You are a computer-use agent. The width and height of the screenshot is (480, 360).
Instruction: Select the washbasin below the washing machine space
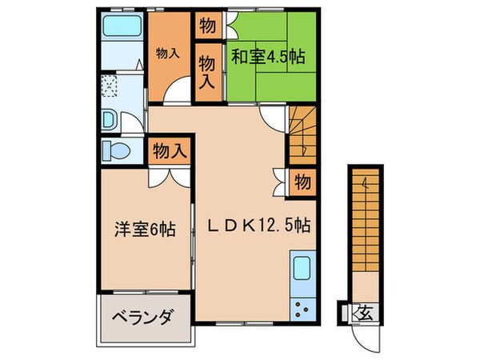coord(111,120)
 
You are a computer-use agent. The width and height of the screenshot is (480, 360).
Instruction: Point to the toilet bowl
coord(118,151)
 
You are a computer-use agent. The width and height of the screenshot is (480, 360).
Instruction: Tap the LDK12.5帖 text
coord(260,226)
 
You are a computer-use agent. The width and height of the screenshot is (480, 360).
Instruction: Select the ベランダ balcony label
coord(145,318)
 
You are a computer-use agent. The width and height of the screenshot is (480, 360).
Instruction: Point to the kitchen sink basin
coord(302,268)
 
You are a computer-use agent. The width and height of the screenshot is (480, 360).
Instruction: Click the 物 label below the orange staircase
coord(302,179)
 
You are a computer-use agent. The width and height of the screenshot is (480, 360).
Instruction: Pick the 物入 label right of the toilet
coord(170,149)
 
